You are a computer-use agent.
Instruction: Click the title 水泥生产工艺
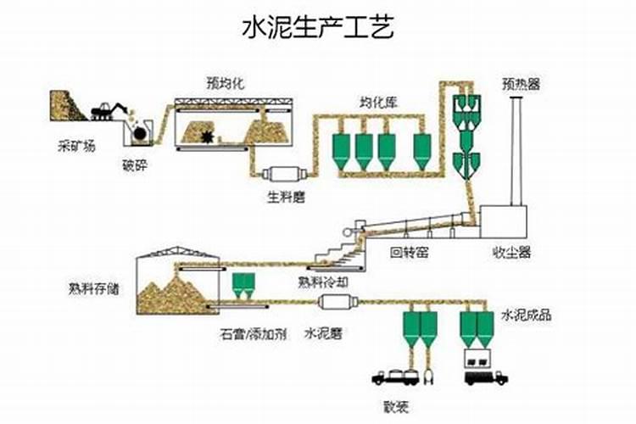tap(318, 29)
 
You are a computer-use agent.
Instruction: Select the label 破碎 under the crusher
tap(135, 165)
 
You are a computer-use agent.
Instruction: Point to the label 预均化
tap(223, 83)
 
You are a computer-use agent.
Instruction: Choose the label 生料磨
tap(287, 198)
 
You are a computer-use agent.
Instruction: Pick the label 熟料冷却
tap(321, 282)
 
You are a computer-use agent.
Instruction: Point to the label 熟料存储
tap(94, 287)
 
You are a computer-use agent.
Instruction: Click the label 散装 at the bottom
tap(395, 407)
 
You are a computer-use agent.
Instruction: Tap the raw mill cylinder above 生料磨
tap(283, 174)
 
